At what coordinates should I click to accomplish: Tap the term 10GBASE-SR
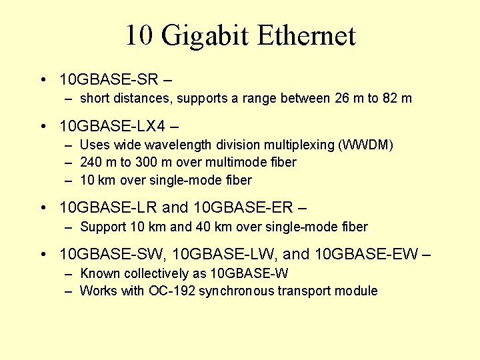[x=109, y=80]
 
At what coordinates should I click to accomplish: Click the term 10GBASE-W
[x=249, y=273]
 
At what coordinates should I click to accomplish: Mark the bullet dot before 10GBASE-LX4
[x=43, y=125]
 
